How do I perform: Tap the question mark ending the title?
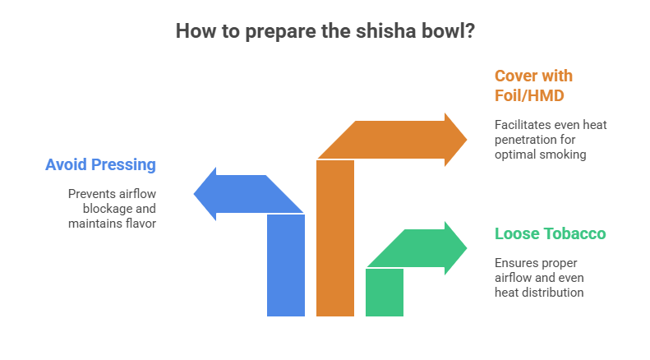click(x=470, y=31)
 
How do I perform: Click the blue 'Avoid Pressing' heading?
click(x=101, y=164)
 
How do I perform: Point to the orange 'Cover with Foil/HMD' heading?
click(x=533, y=85)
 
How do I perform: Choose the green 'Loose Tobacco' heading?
click(x=550, y=233)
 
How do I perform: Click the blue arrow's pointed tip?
click(x=194, y=193)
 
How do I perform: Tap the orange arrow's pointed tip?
click(x=467, y=140)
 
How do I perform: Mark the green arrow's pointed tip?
click(x=467, y=248)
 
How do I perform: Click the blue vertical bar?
click(x=286, y=265)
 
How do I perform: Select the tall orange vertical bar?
click(x=335, y=238)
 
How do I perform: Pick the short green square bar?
click(x=385, y=293)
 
